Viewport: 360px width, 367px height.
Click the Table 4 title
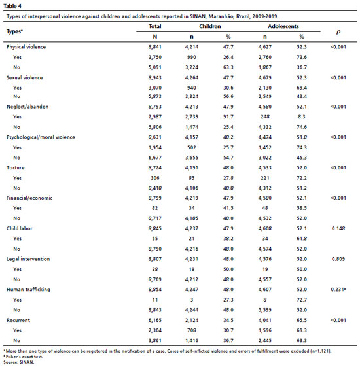pos(12,6)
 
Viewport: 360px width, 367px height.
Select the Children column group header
pos(210,26)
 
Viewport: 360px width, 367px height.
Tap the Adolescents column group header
pos(283,26)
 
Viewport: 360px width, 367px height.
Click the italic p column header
pos(338,32)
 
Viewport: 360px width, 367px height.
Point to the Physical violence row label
pos(26,47)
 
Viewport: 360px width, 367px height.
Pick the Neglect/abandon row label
pos(27,107)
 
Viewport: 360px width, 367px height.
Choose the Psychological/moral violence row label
pos(41,137)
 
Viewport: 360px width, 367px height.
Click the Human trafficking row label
pos(28,290)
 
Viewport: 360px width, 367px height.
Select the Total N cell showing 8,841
pos(155,47)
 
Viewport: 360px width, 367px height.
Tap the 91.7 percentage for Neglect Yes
pos(228,116)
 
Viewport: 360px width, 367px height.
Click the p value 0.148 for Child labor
pos(338,228)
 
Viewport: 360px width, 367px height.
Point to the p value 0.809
pos(338,259)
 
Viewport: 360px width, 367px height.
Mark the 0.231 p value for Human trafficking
pos(338,290)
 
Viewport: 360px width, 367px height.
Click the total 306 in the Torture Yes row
pos(155,178)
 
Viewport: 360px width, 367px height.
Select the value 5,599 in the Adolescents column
pos(265,310)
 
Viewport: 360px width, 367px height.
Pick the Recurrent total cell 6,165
pos(155,320)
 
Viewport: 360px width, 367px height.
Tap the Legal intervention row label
pos(28,259)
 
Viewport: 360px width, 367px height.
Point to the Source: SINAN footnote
pos(19,362)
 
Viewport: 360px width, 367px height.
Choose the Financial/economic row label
pos(29,198)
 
